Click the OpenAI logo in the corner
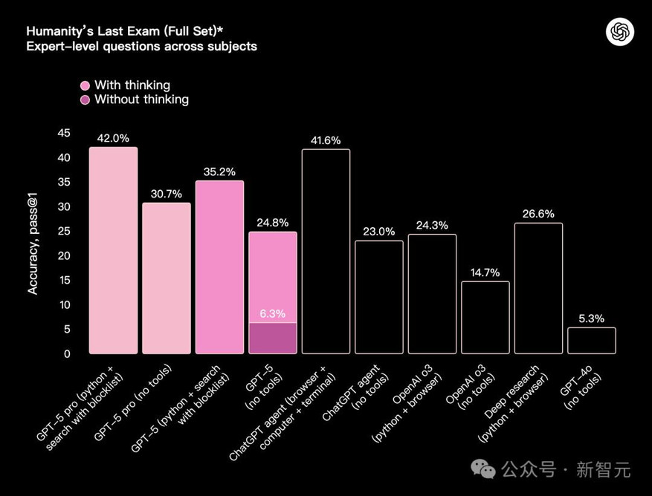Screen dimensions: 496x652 pyautogui.click(x=620, y=32)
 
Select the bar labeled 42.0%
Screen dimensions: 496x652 pyautogui.click(x=113, y=250)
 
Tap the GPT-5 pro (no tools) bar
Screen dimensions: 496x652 pyautogui.click(x=167, y=278)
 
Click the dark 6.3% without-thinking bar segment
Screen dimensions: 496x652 pyautogui.click(x=273, y=339)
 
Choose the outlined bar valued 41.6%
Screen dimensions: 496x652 pyautogui.click(x=326, y=252)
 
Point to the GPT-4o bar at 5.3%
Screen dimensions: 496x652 pyautogui.click(x=592, y=341)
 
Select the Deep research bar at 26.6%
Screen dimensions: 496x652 pyautogui.click(x=538, y=288)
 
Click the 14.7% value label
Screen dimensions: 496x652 pyautogui.click(x=485, y=272)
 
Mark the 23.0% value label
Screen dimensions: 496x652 pyautogui.click(x=379, y=231)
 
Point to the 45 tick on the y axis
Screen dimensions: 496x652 pyautogui.click(x=64, y=133)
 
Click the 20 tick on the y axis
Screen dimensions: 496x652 pyautogui.click(x=64, y=255)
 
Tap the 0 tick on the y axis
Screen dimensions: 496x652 pyautogui.click(x=67, y=353)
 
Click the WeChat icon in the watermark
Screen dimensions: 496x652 pyautogui.click(x=485, y=469)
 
